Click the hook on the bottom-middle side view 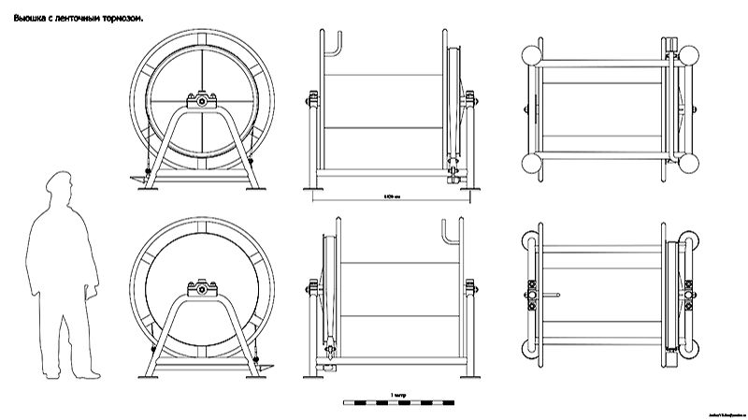pyautogui.click(x=447, y=231)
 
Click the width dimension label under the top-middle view pyautogui.click(x=392, y=197)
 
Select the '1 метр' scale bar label pyautogui.click(x=398, y=395)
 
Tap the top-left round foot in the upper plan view pyautogui.click(x=534, y=53)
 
